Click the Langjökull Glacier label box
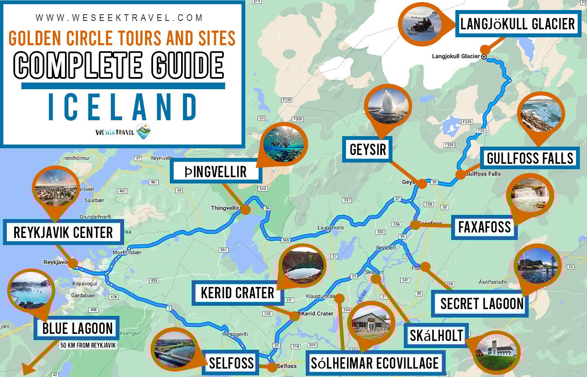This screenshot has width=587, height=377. click(517, 24)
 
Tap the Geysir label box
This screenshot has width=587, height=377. click(367, 149)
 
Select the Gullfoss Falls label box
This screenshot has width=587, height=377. click(530, 158)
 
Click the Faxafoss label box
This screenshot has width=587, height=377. click(484, 227)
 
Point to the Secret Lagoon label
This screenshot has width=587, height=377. click(481, 304)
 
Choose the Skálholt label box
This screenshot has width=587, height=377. click(436, 336)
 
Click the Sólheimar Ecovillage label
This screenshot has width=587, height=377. click(374, 363)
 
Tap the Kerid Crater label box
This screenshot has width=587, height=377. click(237, 293)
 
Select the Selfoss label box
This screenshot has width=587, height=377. click(231, 363)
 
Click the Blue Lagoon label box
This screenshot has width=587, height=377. click(77, 328)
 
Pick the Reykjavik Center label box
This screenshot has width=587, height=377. click(63, 232)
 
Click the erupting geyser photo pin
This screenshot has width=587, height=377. click(387, 106)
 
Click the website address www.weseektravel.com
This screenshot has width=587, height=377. click(119, 18)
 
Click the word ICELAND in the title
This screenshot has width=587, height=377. click(122, 107)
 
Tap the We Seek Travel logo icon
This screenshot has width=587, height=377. click(143, 132)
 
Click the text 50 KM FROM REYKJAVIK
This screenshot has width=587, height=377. click(88, 346)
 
